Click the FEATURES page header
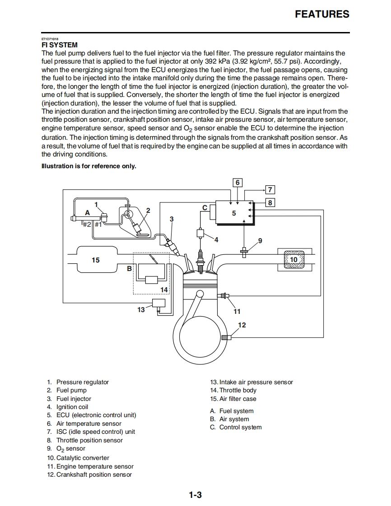[322, 14]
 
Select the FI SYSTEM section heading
[60, 45]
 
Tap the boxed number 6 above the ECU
[237, 183]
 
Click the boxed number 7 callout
[270, 190]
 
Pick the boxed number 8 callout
[270, 202]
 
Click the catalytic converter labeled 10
[293, 260]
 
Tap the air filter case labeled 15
[96, 260]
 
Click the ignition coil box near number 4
[200, 233]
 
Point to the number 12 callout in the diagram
[242, 325]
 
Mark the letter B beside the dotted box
[129, 268]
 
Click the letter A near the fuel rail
[88, 212]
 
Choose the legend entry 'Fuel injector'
[74, 399]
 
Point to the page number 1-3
[195, 495]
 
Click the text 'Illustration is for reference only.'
[89, 166]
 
